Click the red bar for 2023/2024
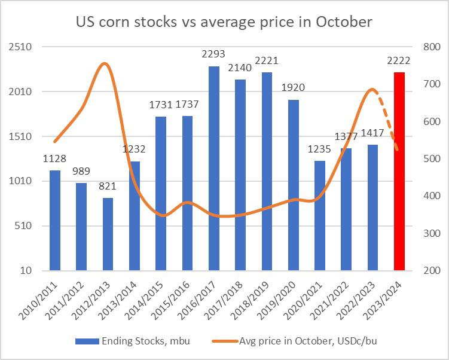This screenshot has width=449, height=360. pos(399,171)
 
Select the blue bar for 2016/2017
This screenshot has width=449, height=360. pos(213,168)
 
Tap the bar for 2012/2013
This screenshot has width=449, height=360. pos(108,234)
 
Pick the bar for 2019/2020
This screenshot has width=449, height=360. pos(293,185)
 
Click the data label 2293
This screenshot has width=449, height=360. pos(213,54)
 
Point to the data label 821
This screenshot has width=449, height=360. pos(108,187)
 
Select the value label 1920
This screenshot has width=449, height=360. pos(293,88)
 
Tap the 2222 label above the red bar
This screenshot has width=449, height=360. pos(399,61)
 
